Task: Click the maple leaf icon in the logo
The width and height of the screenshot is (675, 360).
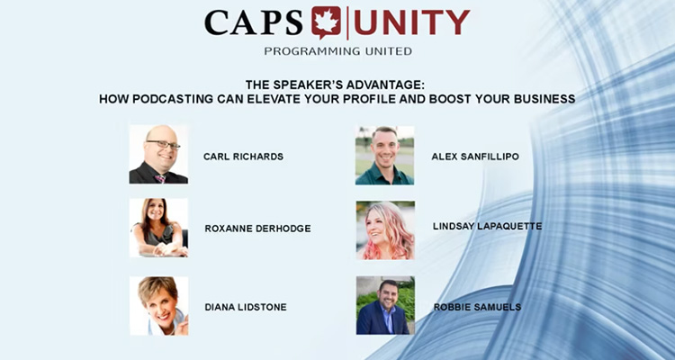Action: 327,22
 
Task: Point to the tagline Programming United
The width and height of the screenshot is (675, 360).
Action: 337,51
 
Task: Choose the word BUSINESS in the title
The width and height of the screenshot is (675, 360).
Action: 538,98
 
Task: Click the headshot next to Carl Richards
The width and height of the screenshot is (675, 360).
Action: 158,155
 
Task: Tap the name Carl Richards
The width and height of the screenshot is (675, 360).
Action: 243,157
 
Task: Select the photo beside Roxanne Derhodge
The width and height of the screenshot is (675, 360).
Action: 158,228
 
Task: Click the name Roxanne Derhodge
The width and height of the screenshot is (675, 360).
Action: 257,229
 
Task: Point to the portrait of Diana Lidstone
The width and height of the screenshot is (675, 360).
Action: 158,306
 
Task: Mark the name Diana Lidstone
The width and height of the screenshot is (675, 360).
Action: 246,307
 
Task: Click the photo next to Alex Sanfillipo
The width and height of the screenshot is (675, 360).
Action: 385,155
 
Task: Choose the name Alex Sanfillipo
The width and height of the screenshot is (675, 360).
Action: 475,157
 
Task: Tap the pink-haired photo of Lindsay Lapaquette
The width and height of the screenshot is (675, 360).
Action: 385,229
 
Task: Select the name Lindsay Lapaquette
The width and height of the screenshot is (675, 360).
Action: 487,226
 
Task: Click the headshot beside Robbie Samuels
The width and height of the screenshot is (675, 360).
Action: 385,306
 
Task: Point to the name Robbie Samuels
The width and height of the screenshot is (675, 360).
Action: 476,307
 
